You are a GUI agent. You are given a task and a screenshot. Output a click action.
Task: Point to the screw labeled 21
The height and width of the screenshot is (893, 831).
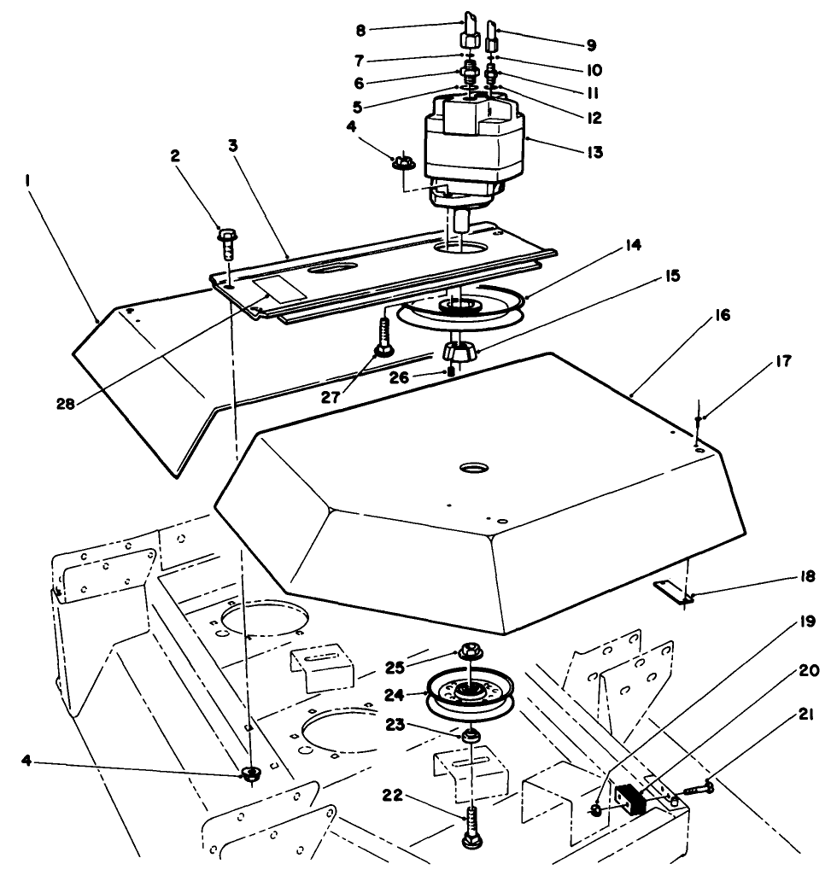pyautogui.click(x=696, y=789)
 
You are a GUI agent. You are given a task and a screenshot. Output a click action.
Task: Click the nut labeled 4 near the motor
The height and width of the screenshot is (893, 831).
pyautogui.click(x=401, y=162)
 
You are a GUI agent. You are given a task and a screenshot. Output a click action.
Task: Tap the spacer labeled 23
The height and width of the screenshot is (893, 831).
pyautogui.click(x=471, y=736)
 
